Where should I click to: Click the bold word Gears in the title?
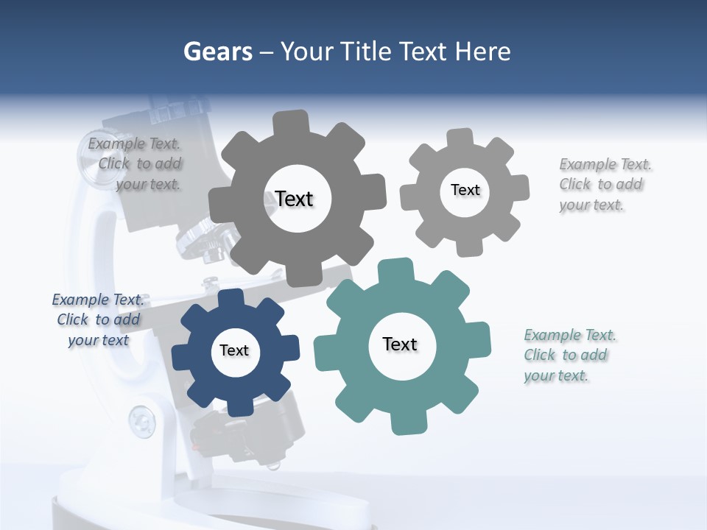(x=217, y=52)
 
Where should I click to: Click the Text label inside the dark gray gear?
(x=294, y=199)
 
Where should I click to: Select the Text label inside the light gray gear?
(x=465, y=190)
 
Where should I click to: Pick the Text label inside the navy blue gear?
(x=234, y=350)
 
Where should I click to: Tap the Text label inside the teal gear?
(x=400, y=344)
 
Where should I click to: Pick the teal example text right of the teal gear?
(x=569, y=355)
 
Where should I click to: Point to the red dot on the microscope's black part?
(x=195, y=446)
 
